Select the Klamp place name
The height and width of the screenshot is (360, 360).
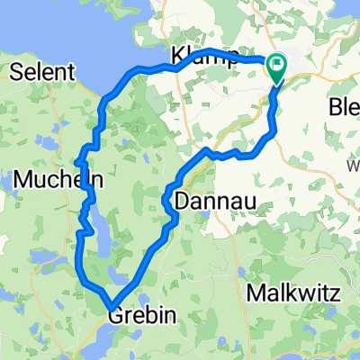(x=197, y=58)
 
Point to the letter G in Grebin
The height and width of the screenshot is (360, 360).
(x=114, y=317)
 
